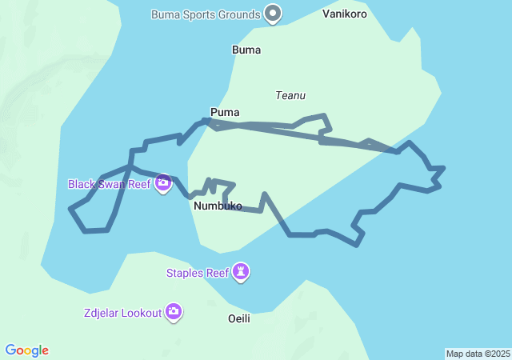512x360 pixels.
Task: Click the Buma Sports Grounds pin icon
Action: (x=274, y=14)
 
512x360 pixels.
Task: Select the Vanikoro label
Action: (x=345, y=14)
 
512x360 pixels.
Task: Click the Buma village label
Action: (x=246, y=50)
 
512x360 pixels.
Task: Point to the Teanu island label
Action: (x=290, y=95)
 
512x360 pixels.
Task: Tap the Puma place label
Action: (x=225, y=112)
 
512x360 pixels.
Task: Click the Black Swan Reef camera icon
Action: (x=163, y=183)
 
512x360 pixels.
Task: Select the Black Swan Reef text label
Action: (x=109, y=184)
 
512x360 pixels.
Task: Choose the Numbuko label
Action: (x=218, y=206)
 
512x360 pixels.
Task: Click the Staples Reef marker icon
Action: (x=241, y=273)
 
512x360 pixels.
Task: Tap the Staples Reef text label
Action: (x=198, y=273)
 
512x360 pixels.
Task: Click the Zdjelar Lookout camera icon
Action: (x=174, y=311)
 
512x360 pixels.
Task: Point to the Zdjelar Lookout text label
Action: (x=122, y=312)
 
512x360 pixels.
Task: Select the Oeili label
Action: (x=239, y=318)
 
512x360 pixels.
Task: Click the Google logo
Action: (x=26, y=350)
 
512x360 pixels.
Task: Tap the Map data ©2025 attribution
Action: (x=478, y=354)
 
